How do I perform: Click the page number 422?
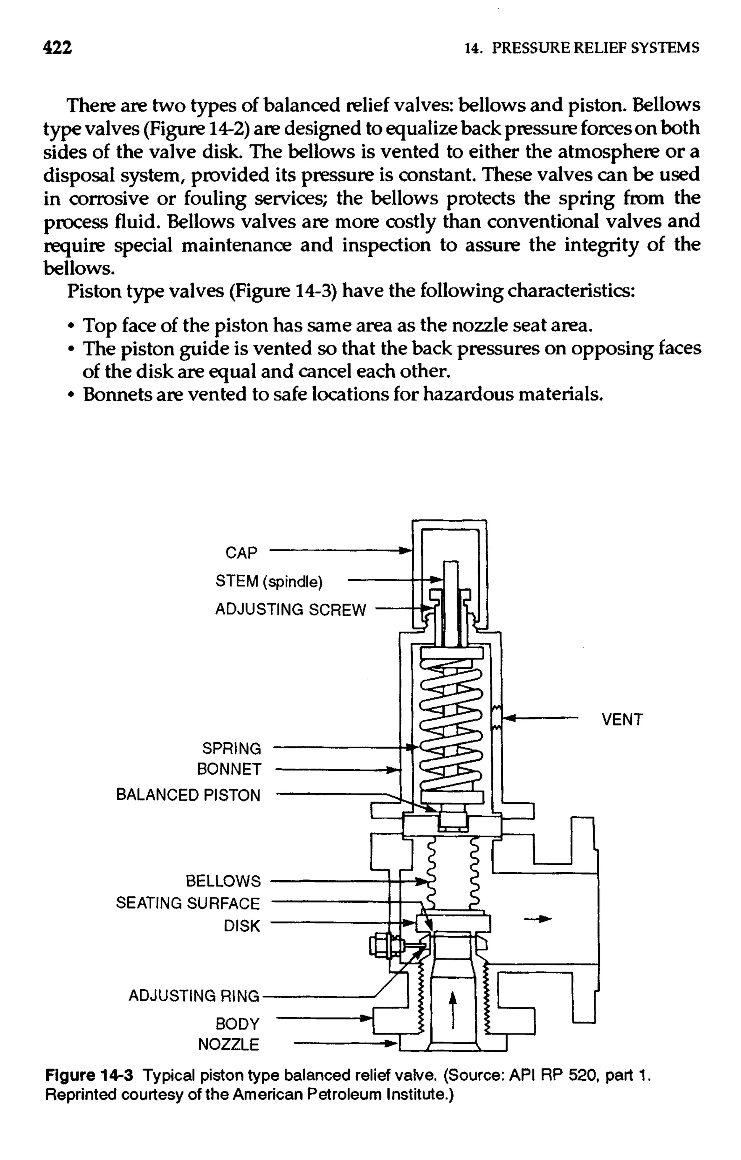[57, 48]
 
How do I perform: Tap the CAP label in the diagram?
[241, 553]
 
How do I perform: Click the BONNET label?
[229, 769]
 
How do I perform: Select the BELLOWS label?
[223, 881]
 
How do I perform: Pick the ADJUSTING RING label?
[194, 995]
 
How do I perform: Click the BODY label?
[237, 1023]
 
